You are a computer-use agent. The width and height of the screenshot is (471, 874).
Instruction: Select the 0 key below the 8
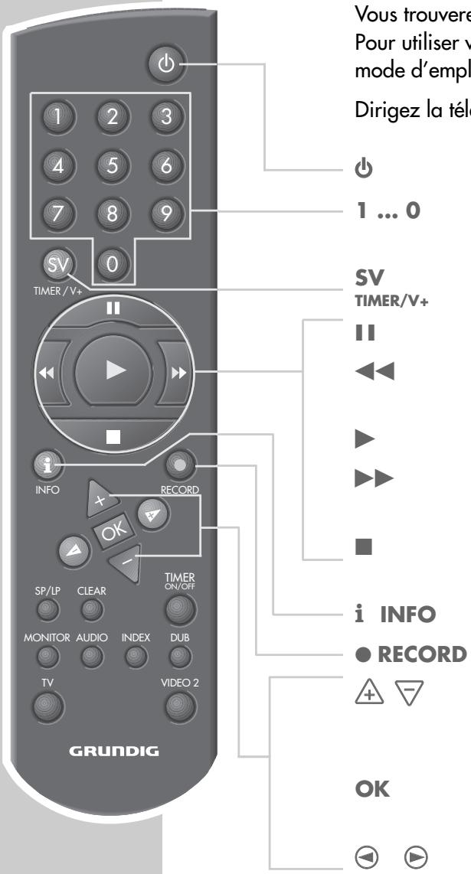pos(113,266)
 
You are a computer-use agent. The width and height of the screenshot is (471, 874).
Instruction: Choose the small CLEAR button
pos(92,609)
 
